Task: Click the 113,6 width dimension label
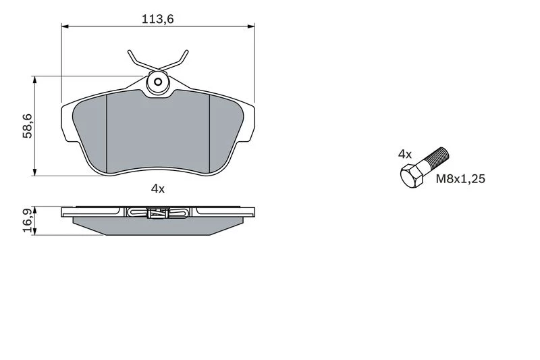(x=158, y=19)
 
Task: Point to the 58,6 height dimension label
(x=27, y=126)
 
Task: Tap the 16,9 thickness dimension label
(x=27, y=220)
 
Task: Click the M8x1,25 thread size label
(x=460, y=179)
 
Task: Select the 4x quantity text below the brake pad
(x=158, y=189)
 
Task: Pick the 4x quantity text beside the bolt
(x=405, y=154)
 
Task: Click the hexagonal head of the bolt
(x=412, y=176)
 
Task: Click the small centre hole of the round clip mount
(x=158, y=82)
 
